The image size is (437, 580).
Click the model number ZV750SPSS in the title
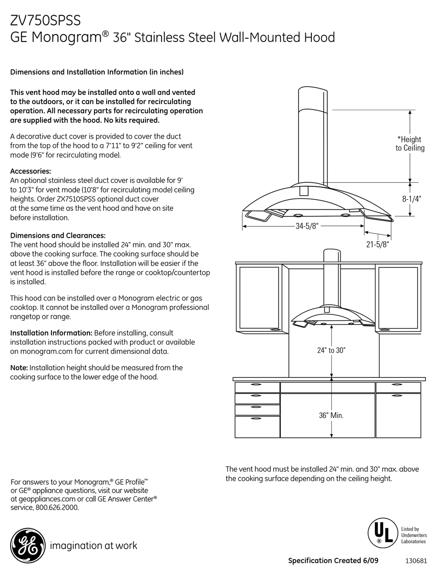46,20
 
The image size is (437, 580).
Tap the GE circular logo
27,546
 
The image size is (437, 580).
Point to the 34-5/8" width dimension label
307,226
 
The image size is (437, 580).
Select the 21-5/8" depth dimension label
377,244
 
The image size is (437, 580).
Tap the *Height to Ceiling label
409,144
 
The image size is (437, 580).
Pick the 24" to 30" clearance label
331,350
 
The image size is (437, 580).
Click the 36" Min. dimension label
331,415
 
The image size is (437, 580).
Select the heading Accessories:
30,171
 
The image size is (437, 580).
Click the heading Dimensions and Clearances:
57,235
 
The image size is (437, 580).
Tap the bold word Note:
19,367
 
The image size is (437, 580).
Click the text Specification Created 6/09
339,561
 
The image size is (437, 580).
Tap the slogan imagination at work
93,546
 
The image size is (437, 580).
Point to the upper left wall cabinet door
259,297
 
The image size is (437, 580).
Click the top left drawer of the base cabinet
257,387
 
